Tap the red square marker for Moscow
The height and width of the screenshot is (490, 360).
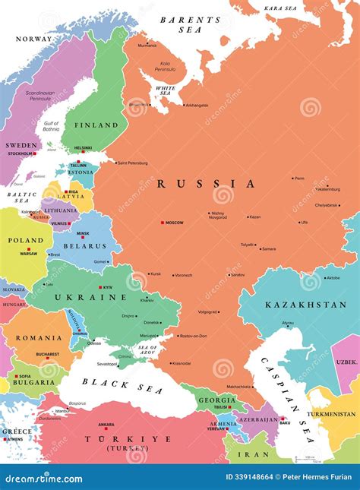tap(162, 223)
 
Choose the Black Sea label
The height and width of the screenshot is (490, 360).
tap(111, 383)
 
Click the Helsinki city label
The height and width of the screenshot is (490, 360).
tap(84, 148)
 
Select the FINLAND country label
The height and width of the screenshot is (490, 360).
tap(96, 125)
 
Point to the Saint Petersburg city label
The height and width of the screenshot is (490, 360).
tap(132, 163)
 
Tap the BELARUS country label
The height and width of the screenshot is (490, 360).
tap(84, 247)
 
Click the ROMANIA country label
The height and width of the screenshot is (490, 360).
tap(40, 337)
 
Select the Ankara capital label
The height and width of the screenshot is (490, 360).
tap(106, 425)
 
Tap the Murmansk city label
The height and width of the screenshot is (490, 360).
tap(147, 46)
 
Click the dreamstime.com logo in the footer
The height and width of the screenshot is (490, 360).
tap(44, 478)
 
